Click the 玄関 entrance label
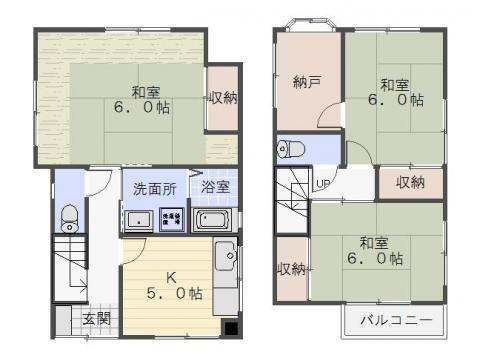97,320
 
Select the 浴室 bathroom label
214,188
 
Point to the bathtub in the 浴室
214,219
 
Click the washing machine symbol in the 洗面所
171,218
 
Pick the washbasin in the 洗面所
136,219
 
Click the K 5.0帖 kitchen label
169,286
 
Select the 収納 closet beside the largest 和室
223,98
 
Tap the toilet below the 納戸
292,150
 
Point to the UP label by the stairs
323,184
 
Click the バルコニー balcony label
398,320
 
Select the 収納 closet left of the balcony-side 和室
291,269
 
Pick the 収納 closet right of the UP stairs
410,182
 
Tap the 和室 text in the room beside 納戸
393,84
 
